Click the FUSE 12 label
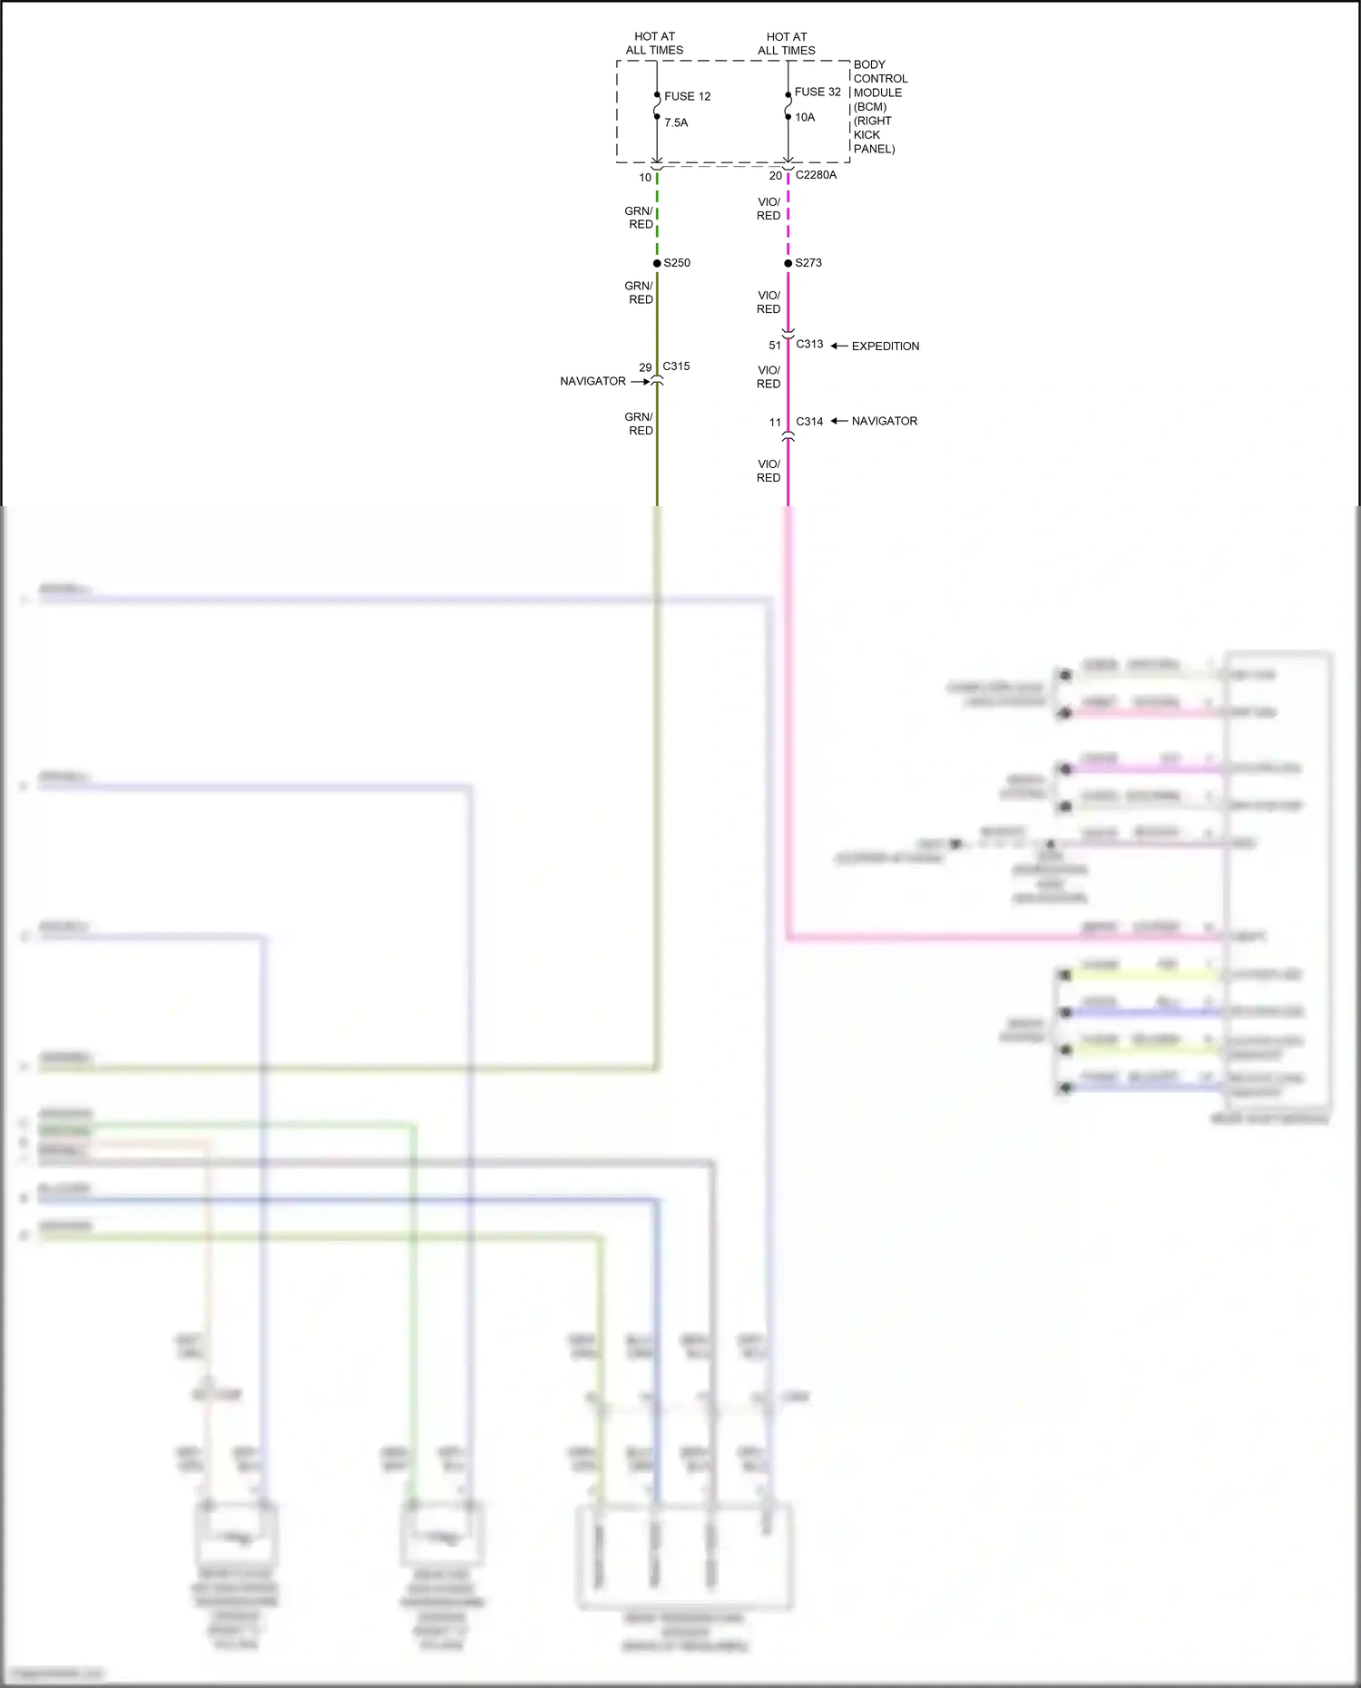(x=687, y=96)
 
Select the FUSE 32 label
(x=818, y=92)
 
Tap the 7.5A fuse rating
(x=676, y=122)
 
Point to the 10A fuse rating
(x=805, y=117)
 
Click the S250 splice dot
(x=657, y=263)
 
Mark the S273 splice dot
(x=788, y=263)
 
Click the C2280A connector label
(x=816, y=175)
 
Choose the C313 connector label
(x=809, y=344)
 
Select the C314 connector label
(x=809, y=422)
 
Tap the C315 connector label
(x=676, y=366)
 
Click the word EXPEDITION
(x=885, y=346)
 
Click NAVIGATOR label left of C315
(x=592, y=381)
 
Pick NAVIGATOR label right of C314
(x=884, y=421)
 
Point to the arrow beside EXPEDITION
(x=839, y=346)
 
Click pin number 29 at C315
(x=645, y=367)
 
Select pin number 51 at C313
(x=775, y=346)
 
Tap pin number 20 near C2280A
(x=775, y=176)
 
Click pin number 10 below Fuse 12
(x=645, y=178)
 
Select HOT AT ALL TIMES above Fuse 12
(x=654, y=44)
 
